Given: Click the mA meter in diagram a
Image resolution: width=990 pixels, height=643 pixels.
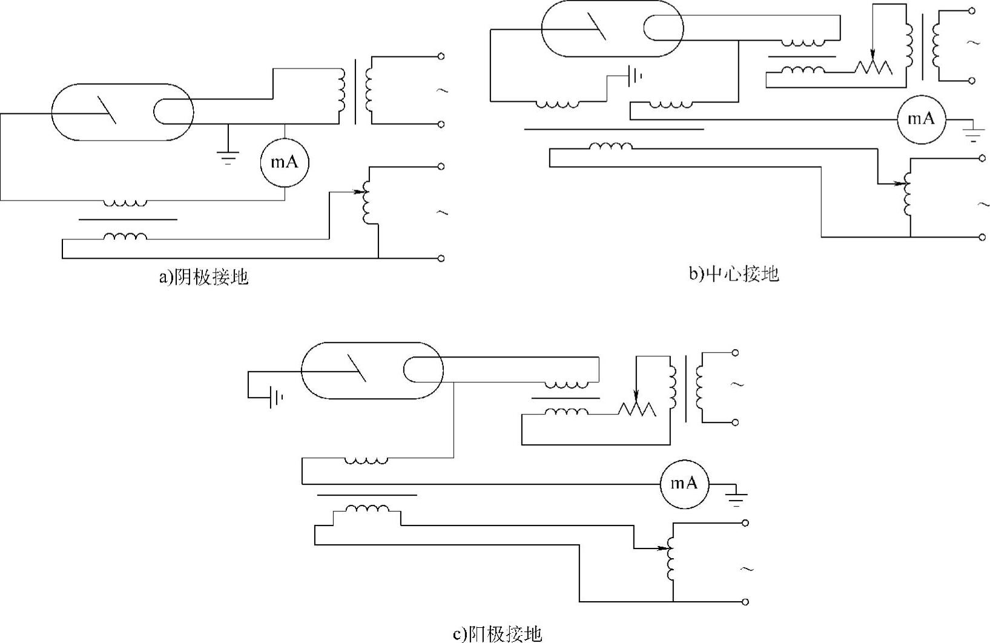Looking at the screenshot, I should pos(284,162).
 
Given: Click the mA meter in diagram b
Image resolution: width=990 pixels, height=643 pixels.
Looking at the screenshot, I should pos(921,119).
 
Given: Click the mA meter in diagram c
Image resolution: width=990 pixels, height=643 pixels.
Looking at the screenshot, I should pos(684,484).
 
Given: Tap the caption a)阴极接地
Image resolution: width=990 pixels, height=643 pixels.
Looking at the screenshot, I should pos(203,278).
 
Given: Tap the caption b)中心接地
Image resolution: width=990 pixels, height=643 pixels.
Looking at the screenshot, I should pos(734,275).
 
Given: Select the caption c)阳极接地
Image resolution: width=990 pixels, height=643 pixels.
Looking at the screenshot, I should pos(497,634).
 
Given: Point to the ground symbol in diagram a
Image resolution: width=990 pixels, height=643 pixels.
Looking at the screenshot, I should pos(228,157).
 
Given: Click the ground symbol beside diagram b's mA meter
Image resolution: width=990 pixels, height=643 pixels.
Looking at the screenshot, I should pos(972,134).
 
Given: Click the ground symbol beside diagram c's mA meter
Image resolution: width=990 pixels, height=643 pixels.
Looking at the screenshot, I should pos(736,499).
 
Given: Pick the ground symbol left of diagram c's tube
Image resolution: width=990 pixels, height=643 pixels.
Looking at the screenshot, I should pos(276,398).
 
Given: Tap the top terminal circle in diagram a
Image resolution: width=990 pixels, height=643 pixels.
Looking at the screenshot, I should pos(441,56).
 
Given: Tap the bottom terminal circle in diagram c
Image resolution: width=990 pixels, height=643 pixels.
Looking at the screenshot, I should pos(745,602).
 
